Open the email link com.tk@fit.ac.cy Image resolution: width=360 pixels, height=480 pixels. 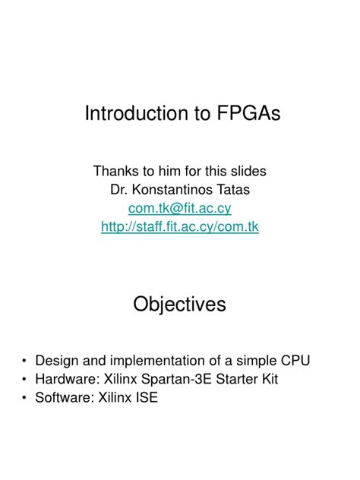(x=180, y=207)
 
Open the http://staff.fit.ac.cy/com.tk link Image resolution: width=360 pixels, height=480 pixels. (x=180, y=226)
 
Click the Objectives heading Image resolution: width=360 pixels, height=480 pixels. (x=180, y=305)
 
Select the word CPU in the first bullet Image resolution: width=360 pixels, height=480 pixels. (x=295, y=360)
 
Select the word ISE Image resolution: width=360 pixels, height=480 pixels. (x=146, y=397)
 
